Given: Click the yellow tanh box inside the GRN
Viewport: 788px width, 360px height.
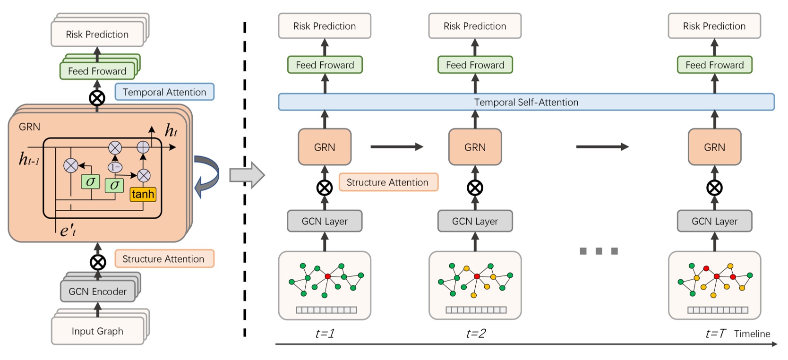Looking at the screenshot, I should coord(143,194).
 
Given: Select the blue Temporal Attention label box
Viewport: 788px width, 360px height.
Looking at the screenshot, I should coord(164,92).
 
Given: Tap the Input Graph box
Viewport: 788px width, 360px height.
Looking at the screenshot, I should coord(97,331).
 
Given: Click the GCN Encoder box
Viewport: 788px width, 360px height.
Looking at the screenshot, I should coord(97,291).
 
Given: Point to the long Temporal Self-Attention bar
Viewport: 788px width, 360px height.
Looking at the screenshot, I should coord(526,102).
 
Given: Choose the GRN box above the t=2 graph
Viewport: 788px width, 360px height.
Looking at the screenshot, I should coord(475,147).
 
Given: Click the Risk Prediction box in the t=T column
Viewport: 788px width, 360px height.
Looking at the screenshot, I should coord(714,26).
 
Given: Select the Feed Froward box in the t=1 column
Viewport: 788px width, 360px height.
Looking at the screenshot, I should coord(325,65).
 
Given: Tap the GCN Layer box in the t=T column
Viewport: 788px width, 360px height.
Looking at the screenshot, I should coord(714,221).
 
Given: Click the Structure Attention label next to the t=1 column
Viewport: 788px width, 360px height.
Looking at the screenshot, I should coord(388,182).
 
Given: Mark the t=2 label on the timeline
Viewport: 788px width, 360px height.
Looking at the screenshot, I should coord(475,334).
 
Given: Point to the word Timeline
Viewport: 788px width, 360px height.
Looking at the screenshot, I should coord(752,334).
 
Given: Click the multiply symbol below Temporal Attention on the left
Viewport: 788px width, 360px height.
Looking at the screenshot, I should coord(97,98).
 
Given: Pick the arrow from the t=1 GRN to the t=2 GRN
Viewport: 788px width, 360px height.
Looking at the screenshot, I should coord(396,147).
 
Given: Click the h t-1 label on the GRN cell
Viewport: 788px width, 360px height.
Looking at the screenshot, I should coord(29,160).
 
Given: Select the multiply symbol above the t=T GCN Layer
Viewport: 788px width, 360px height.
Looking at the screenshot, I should coord(714,188).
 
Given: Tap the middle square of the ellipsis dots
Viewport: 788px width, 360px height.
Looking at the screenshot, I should coord(599,251).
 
